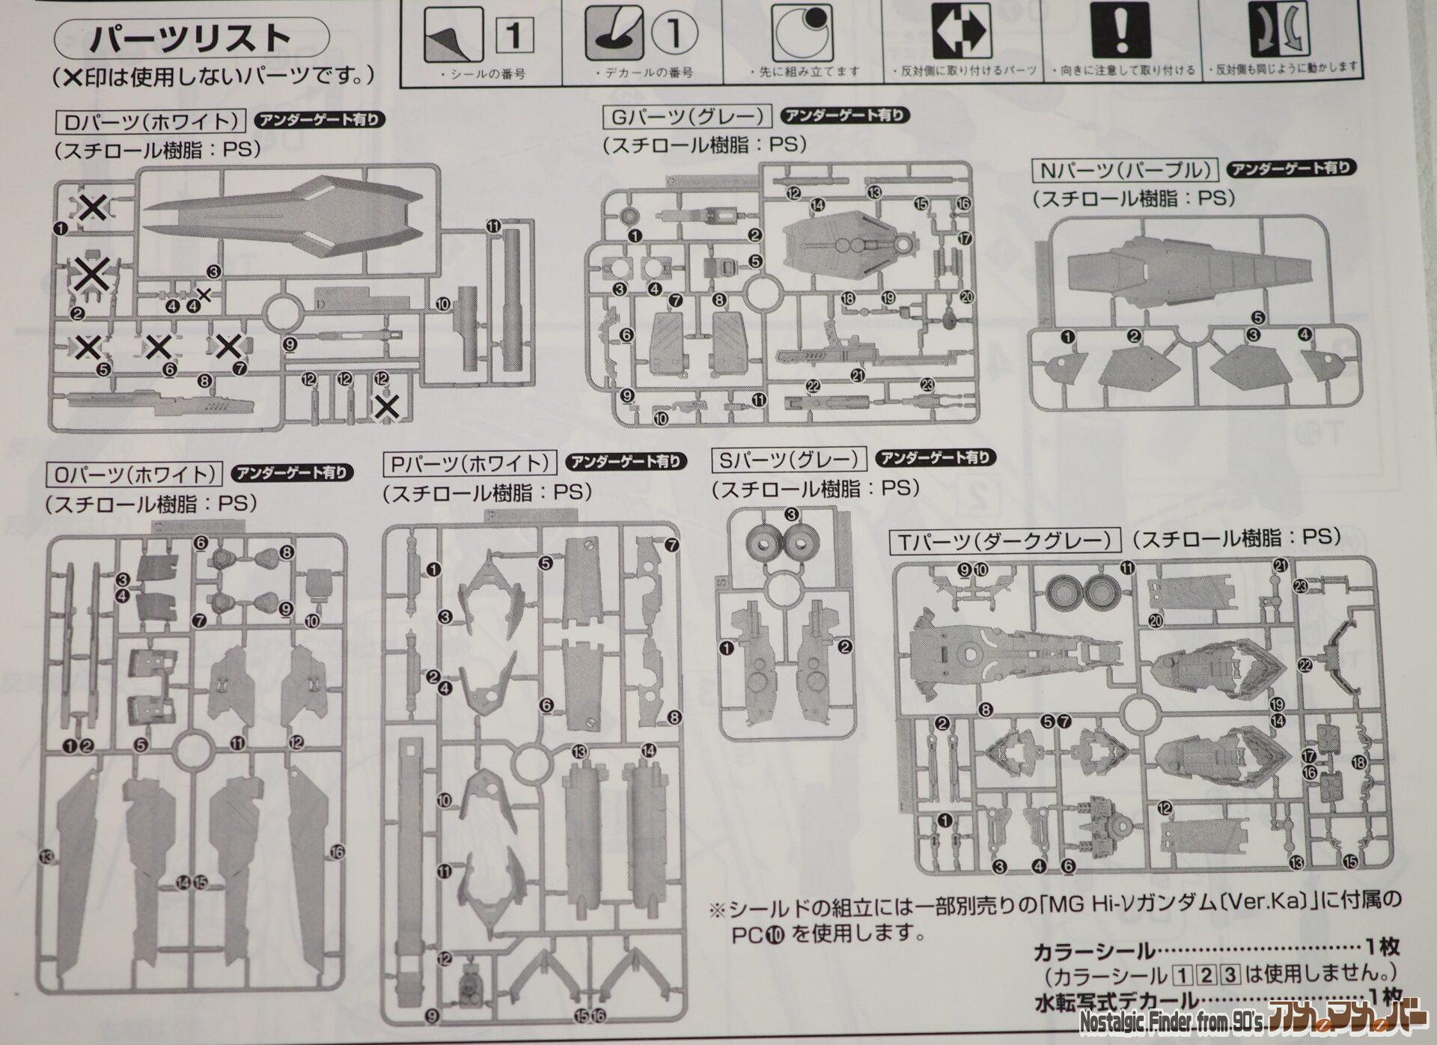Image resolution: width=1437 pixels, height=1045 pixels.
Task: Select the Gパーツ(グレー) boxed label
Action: point(686,117)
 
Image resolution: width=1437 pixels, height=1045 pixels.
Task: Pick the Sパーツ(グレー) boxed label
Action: point(788,460)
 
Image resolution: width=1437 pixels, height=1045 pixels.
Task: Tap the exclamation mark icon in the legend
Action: point(1120,31)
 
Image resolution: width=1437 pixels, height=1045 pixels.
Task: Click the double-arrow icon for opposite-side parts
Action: point(961,31)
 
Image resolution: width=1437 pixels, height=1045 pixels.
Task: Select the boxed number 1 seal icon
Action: point(514,34)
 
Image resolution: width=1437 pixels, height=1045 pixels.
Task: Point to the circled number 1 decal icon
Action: point(674,34)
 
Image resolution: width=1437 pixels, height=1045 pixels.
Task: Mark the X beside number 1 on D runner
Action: point(93,207)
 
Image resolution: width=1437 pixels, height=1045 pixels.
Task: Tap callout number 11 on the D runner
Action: point(493,226)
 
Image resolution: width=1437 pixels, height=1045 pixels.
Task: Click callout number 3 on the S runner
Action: point(791,514)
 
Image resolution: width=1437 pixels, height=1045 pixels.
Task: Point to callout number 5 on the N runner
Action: point(1257,318)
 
